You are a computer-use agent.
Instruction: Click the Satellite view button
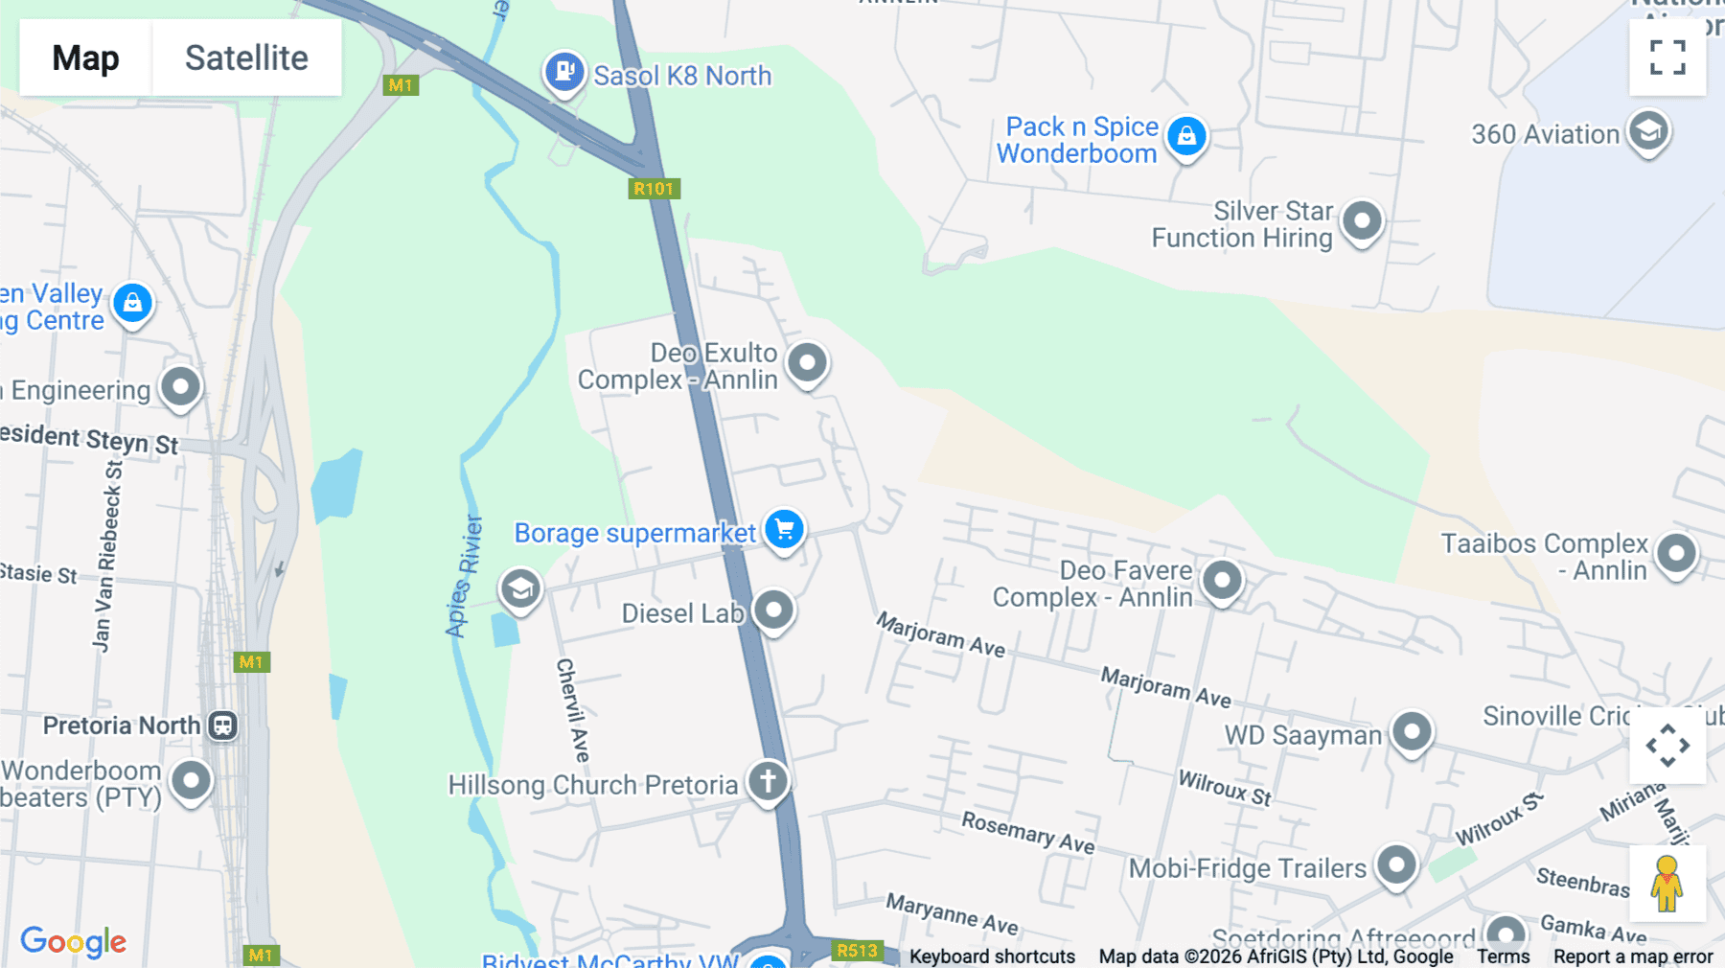(246, 58)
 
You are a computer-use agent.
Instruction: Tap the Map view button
(85, 58)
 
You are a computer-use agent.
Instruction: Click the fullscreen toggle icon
(1667, 58)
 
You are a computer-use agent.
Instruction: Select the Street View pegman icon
(1667, 883)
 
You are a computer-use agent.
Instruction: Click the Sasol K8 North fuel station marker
(564, 71)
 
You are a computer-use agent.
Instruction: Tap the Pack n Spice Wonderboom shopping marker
(1186, 136)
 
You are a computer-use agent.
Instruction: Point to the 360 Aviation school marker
(1648, 130)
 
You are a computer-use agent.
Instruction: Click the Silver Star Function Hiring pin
(1362, 220)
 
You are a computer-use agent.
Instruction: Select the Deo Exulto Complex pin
(807, 362)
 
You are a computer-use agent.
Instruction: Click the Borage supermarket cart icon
(784, 529)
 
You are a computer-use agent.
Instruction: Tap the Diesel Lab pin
(773, 610)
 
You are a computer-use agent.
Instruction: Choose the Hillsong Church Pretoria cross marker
(768, 781)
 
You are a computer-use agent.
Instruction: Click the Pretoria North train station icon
(222, 726)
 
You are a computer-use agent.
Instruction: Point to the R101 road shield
(654, 189)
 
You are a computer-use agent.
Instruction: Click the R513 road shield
(857, 950)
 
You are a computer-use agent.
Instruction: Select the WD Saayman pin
(1411, 731)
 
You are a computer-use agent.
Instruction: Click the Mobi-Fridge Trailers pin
(1396, 864)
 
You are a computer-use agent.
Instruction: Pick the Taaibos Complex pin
(1676, 553)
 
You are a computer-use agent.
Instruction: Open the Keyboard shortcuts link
(992, 956)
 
